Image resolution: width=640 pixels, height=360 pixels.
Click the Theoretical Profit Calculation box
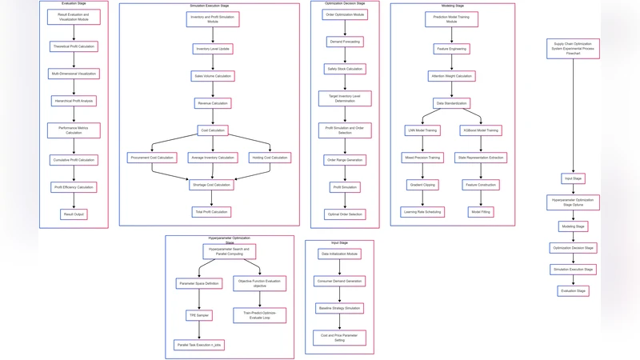point(74,46)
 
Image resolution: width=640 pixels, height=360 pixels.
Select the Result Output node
point(74,214)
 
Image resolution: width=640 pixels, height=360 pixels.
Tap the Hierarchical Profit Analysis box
point(74,101)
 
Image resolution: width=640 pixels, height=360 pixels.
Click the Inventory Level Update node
point(212,49)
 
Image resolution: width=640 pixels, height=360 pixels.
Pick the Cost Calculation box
point(212,130)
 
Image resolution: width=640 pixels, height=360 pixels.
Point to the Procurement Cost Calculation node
point(152,158)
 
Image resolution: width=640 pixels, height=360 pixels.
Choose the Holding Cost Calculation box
point(270,158)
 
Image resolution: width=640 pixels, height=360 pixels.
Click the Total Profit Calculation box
point(212,212)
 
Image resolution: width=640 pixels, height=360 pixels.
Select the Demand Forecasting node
point(344,42)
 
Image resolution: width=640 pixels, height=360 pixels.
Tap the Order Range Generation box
point(344,160)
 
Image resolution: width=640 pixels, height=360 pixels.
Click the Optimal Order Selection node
point(344,214)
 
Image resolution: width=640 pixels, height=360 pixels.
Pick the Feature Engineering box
point(452,49)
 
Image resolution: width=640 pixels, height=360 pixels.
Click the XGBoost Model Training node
point(481,130)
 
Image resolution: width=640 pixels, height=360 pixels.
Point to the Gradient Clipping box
point(422,185)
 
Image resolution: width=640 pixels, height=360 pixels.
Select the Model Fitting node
point(481,212)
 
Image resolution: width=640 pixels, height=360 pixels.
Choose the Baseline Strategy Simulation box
point(340,308)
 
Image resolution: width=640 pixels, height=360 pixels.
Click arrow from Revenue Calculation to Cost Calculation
point(212,117)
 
